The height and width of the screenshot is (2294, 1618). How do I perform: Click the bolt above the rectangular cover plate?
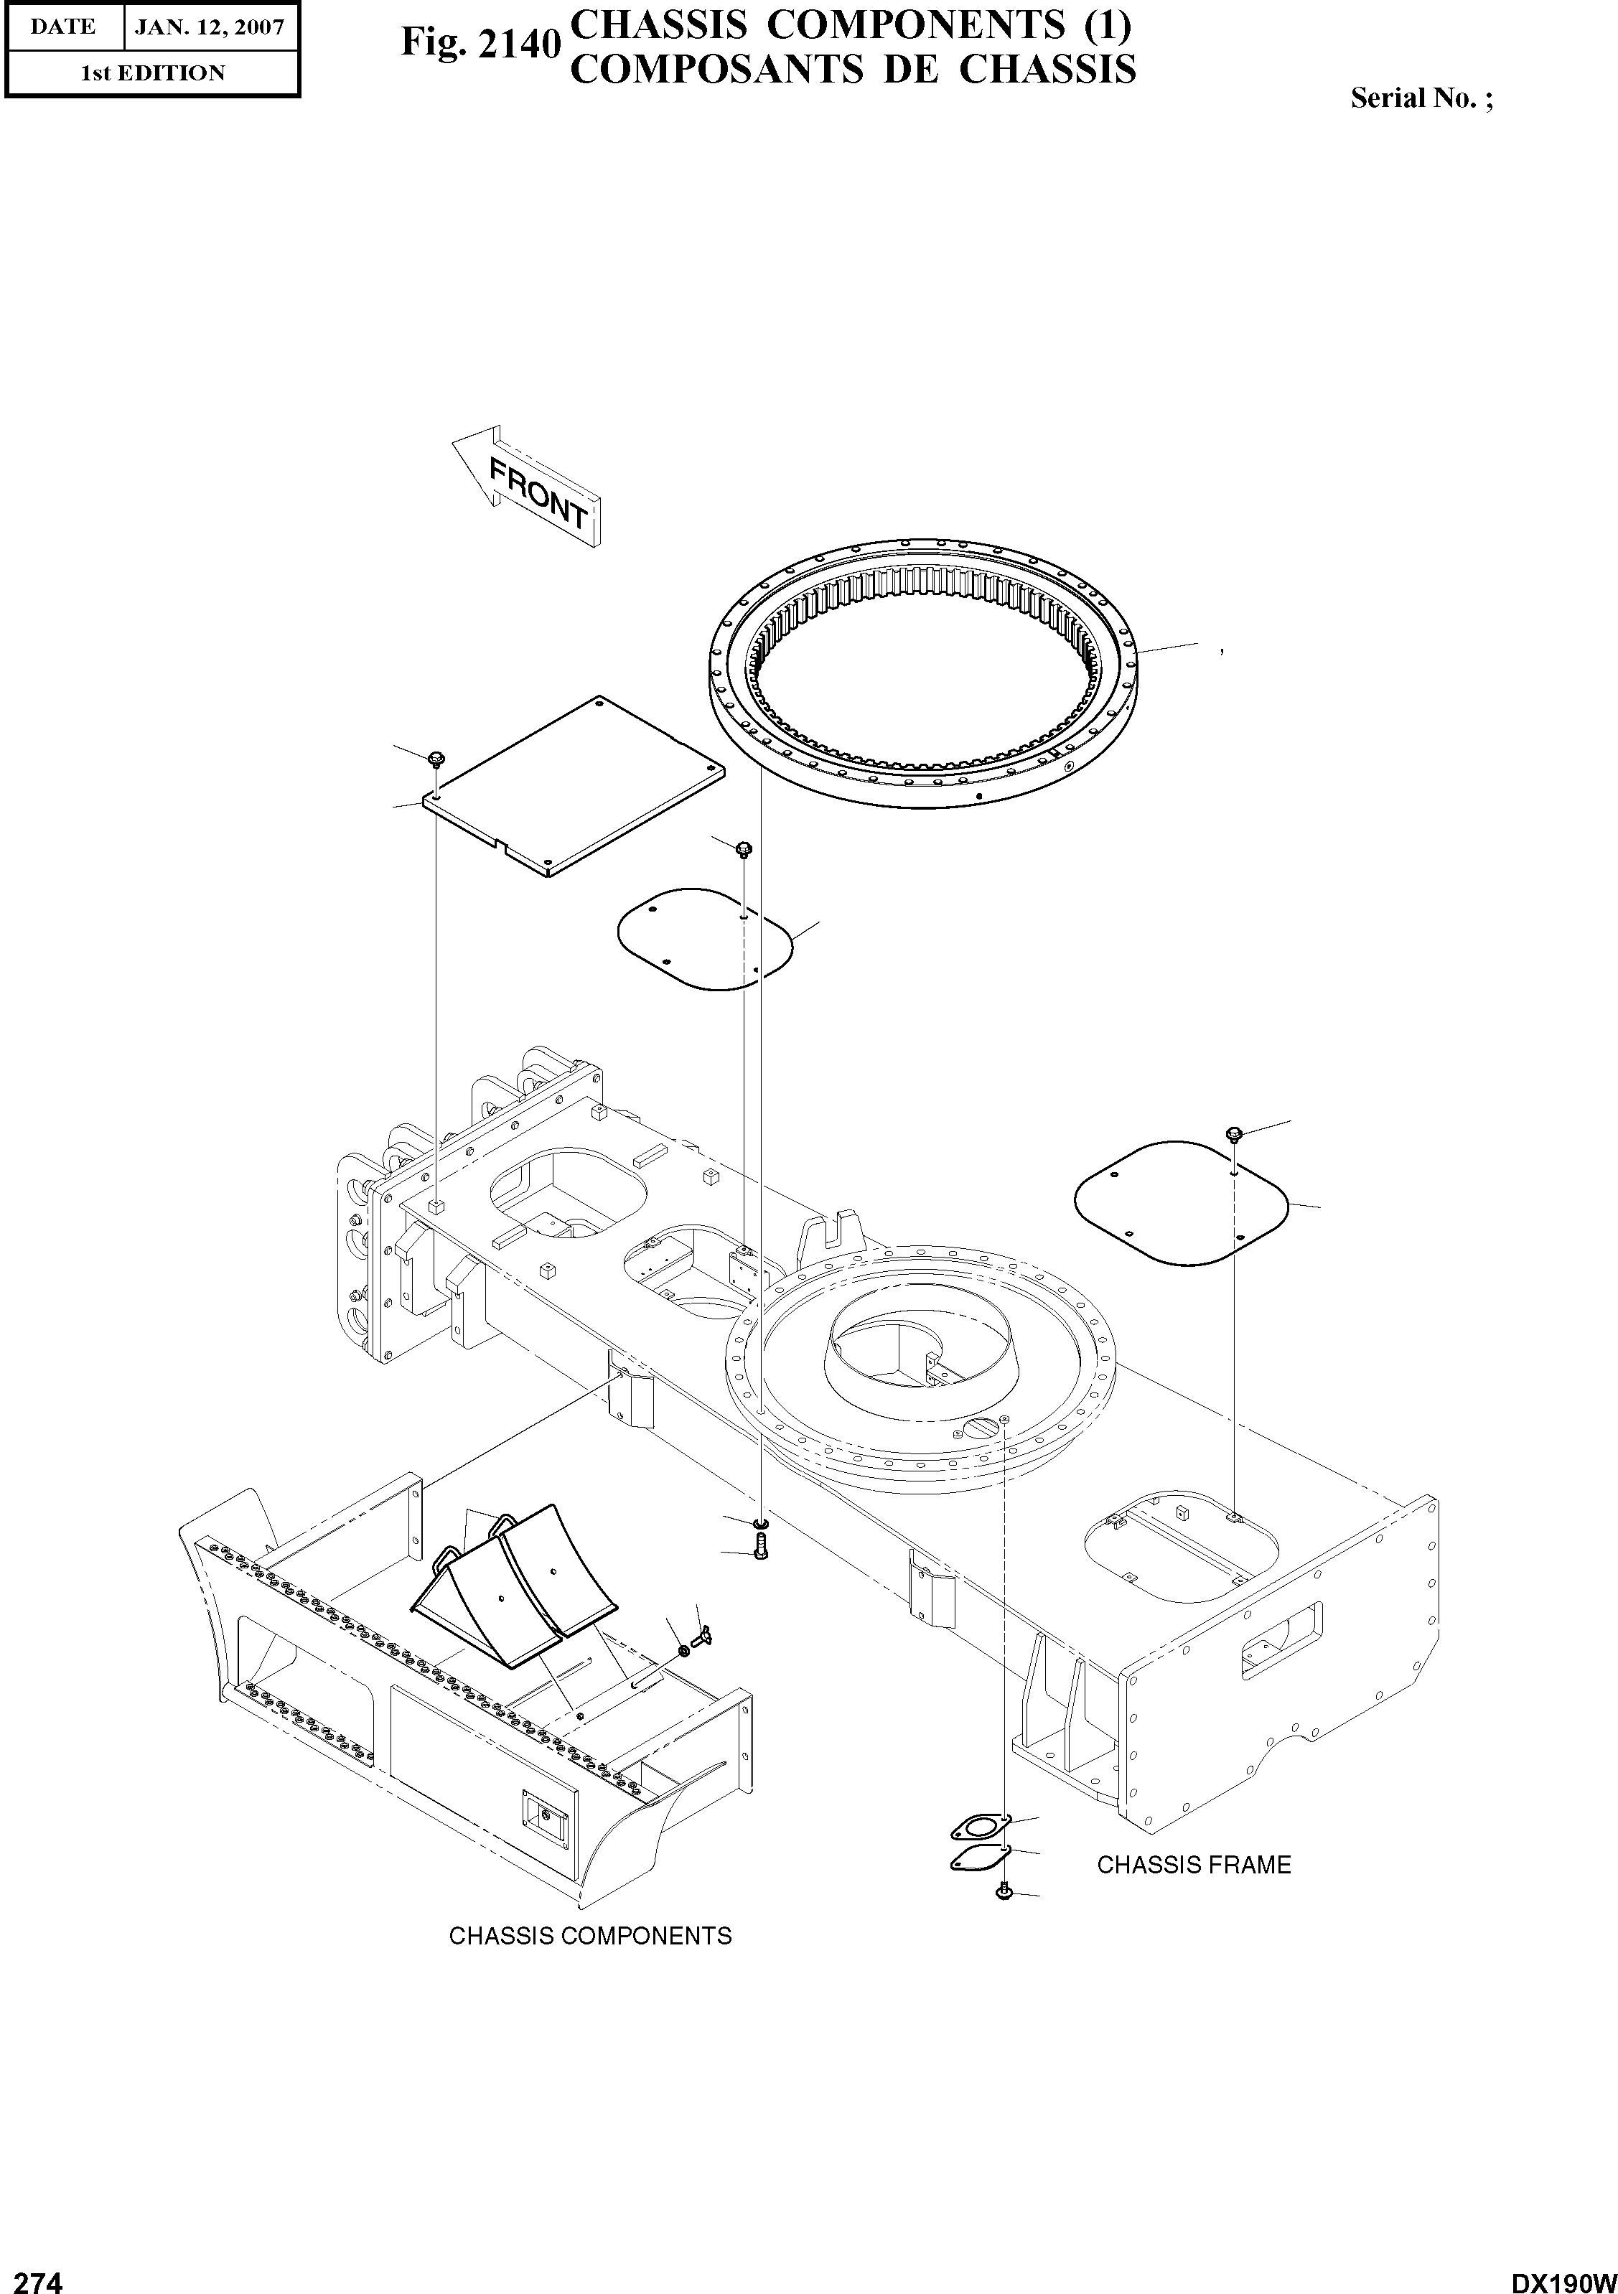click(436, 760)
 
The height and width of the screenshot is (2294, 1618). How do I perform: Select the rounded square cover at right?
click(1179, 1201)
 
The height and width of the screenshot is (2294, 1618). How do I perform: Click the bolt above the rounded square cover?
click(1233, 1133)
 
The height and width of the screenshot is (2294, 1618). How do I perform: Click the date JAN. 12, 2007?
click(209, 27)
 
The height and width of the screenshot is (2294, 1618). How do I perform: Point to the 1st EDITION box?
click(153, 73)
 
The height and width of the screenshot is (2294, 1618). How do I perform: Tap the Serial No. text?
click(1420, 98)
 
